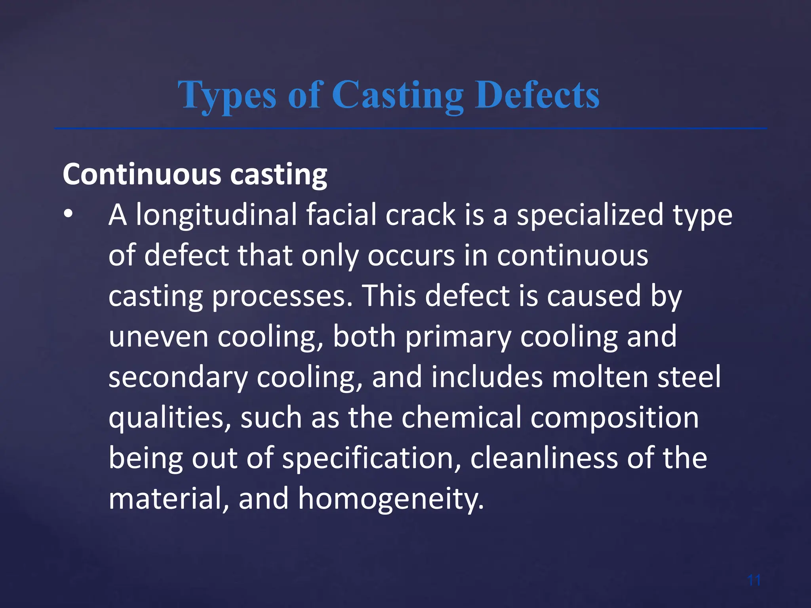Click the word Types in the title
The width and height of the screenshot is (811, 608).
(227, 96)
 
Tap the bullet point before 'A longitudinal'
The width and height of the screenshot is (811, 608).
(68, 214)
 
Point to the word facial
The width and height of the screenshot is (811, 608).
(341, 215)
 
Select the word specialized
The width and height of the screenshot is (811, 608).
(590, 215)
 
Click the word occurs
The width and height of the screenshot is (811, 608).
(411, 256)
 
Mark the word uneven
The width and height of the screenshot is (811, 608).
(158, 337)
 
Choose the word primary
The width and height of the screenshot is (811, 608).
(458, 338)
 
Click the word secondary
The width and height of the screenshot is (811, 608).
(178, 378)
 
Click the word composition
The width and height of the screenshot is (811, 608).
(615, 418)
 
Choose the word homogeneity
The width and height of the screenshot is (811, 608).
(391, 499)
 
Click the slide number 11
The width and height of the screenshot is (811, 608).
(754, 581)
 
